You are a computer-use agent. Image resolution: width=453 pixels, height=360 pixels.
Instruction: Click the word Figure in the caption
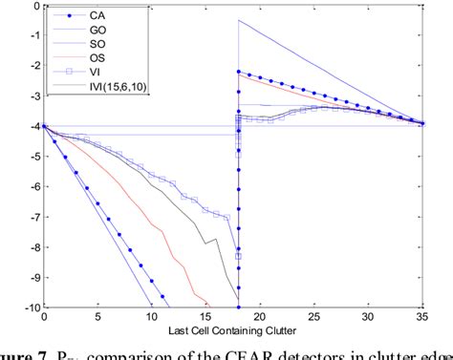tap(19, 352)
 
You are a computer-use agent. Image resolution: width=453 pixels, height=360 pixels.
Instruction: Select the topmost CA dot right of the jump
tap(238, 72)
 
